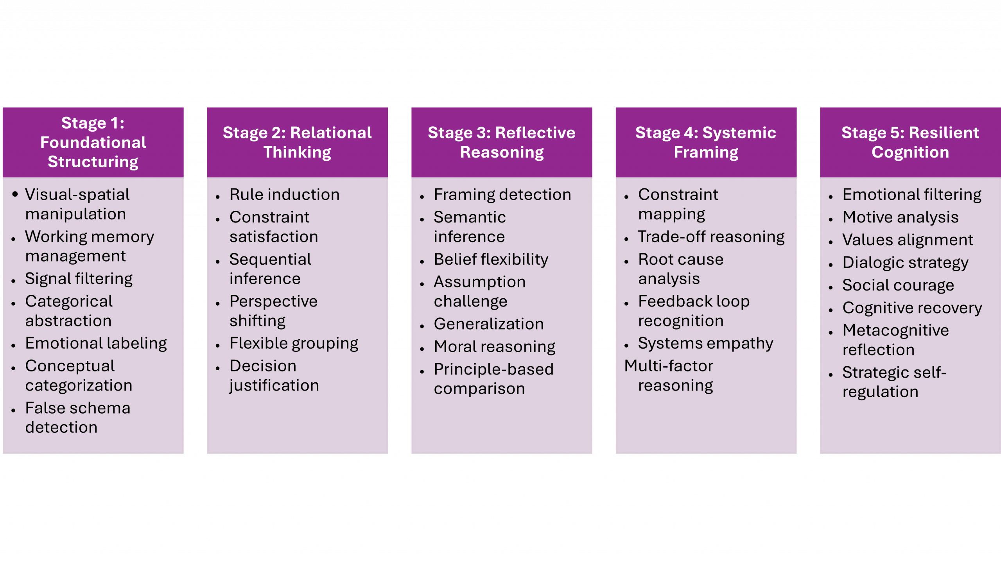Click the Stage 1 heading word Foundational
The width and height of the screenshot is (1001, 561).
(x=93, y=142)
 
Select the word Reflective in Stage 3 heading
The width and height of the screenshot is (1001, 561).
(x=535, y=133)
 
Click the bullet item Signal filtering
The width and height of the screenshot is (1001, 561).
(x=79, y=279)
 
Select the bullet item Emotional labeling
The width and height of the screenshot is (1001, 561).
(x=96, y=343)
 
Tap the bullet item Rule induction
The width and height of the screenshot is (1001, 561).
(x=285, y=194)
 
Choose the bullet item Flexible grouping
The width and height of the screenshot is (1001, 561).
(x=294, y=343)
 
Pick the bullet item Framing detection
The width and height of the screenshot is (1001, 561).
(x=502, y=194)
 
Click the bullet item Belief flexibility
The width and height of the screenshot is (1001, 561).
(x=491, y=259)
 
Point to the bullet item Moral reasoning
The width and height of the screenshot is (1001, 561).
(x=495, y=346)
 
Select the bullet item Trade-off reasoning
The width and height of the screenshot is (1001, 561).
(x=711, y=237)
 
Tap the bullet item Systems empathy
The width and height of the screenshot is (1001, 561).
(x=706, y=343)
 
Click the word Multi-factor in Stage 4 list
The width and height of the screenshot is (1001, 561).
(x=669, y=366)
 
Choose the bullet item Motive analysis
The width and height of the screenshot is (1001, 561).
(x=901, y=217)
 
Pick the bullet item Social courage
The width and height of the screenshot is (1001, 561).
(x=898, y=285)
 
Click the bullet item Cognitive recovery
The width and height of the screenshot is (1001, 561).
(x=912, y=308)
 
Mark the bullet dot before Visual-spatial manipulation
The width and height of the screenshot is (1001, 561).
(x=15, y=194)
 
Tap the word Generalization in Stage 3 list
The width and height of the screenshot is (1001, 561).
(x=489, y=324)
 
